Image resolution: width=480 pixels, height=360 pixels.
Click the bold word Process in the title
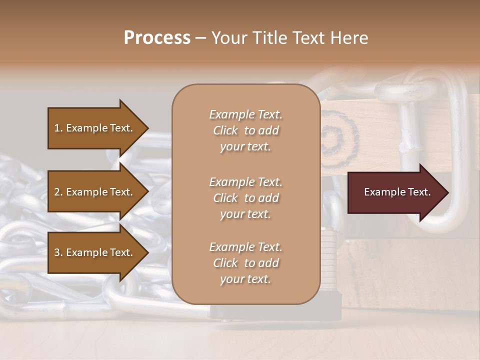(157, 38)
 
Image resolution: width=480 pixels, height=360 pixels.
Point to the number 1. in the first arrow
(58, 128)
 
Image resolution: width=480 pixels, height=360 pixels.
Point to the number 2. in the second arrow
(58, 192)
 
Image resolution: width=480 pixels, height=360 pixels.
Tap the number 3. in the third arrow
(58, 252)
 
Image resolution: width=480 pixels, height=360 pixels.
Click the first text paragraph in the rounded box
(245, 130)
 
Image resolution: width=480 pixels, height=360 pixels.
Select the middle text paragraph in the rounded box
(245, 198)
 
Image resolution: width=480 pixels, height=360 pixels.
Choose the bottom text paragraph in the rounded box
(245, 263)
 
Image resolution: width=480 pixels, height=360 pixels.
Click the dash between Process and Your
(200, 38)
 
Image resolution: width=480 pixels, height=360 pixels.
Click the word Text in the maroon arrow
(419, 192)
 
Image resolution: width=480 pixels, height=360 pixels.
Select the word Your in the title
(227, 38)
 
